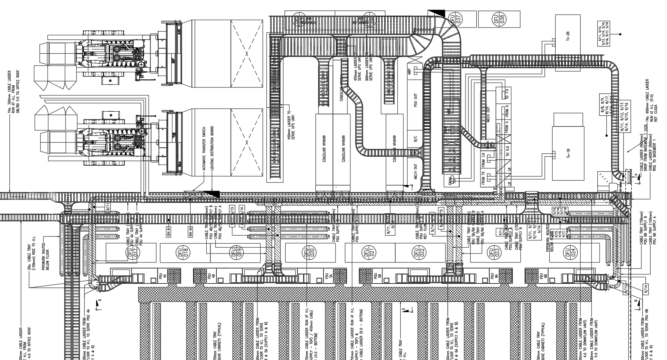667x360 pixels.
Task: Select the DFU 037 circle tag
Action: pyautogui.click(x=457, y=19)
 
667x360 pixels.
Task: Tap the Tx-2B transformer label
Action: pyautogui.click(x=568, y=36)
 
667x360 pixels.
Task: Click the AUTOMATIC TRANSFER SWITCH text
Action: pyautogui.click(x=204, y=148)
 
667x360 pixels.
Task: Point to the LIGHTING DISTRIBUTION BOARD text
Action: pyautogui.click(x=212, y=148)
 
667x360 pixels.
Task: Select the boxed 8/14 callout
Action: pyautogui.click(x=646, y=289)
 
